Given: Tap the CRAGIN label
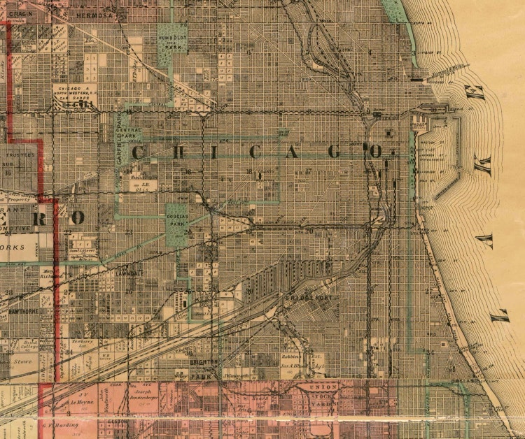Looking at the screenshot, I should tap(21, 15).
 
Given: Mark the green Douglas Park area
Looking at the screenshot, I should tap(177, 224).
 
